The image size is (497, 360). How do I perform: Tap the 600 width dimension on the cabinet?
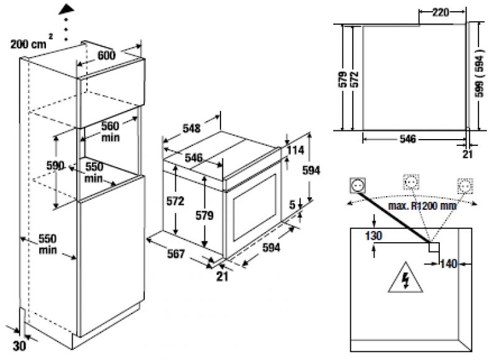107,55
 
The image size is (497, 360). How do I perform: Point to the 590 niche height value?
56,166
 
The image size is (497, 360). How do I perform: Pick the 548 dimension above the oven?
191,128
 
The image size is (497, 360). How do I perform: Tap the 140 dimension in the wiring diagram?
449,264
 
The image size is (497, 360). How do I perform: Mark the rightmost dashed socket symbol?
465,185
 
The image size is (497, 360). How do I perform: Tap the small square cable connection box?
434,247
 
